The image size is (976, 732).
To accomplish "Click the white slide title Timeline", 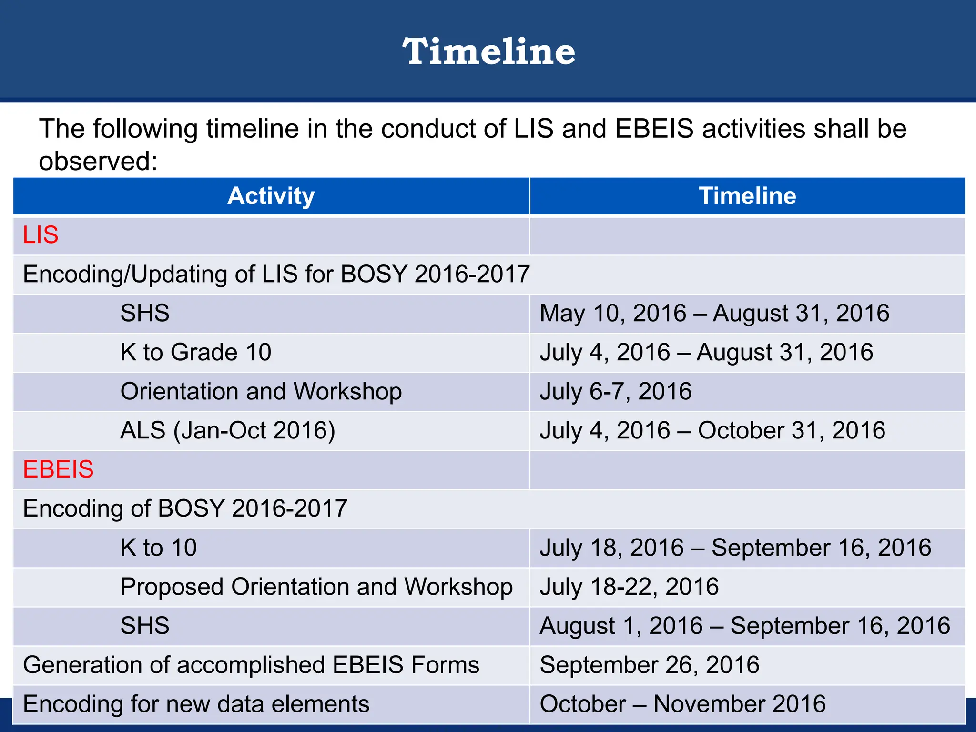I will (488, 51).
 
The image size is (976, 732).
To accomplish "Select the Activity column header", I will (271, 196).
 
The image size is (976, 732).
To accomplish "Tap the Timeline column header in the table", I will (747, 196).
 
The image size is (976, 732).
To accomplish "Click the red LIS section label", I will (41, 235).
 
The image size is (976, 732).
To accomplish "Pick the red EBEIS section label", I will (58, 469).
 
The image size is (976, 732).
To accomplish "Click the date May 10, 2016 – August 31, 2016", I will (714, 314).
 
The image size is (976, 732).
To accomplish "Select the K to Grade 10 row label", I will (196, 353).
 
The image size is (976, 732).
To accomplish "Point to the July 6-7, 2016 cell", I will (615, 392).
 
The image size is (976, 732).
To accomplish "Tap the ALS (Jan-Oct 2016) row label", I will (228, 430).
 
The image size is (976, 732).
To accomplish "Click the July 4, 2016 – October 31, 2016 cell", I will (712, 430).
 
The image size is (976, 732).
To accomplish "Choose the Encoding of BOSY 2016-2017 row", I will (185, 508).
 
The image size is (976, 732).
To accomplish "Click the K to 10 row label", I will (158, 548).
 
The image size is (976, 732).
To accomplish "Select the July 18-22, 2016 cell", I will (629, 587).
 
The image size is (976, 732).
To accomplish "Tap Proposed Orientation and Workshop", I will (316, 587).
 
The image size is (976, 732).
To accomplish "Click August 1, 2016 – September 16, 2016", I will (744, 626).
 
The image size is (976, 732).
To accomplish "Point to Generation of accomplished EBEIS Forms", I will (251, 665).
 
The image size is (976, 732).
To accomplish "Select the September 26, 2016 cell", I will (649, 665).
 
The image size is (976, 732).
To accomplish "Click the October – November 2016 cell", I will (682, 704).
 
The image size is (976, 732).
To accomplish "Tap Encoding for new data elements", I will (196, 704).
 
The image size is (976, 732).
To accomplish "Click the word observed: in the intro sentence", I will (98, 161).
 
